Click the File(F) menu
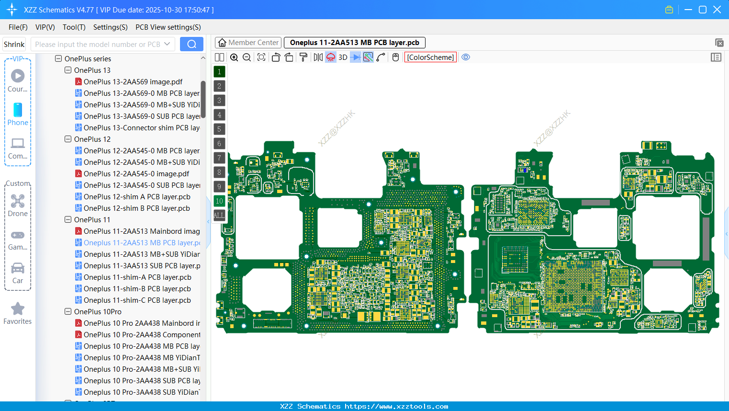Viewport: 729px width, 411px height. click(x=18, y=27)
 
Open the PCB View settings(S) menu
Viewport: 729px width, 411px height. click(x=168, y=27)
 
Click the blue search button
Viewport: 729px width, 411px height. click(x=191, y=44)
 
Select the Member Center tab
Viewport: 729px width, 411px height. click(x=248, y=43)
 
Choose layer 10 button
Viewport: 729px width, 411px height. click(x=219, y=201)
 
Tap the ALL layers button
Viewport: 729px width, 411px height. click(x=219, y=216)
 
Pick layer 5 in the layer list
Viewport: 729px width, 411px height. click(x=219, y=129)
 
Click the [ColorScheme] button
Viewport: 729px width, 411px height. click(x=430, y=57)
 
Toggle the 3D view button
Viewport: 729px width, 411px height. click(x=343, y=57)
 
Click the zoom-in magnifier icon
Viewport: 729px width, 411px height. click(x=234, y=57)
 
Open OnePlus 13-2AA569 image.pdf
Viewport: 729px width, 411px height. click(x=133, y=82)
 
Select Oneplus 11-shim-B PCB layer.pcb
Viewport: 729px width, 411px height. click(x=137, y=289)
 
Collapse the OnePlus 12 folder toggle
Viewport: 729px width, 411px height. click(x=68, y=139)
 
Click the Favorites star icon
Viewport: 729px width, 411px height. click(x=18, y=309)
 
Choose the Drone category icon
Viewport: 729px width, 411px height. click(x=18, y=201)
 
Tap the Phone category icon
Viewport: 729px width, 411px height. click(x=18, y=110)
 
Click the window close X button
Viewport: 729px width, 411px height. click(x=717, y=10)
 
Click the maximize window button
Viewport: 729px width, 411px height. click(x=703, y=10)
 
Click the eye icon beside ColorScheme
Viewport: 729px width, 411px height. click(x=466, y=57)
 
